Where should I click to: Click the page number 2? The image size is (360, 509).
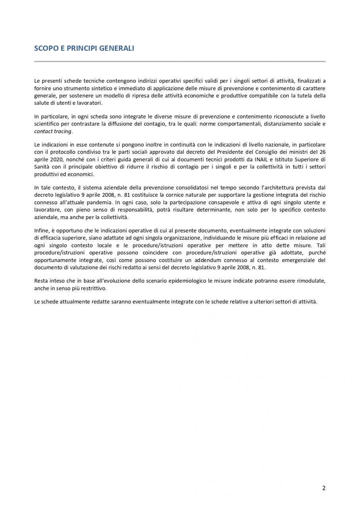click(324, 488)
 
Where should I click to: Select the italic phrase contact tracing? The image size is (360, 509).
click(53, 131)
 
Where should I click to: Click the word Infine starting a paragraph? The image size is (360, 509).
click(41, 231)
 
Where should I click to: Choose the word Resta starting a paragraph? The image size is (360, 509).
click(41, 281)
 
